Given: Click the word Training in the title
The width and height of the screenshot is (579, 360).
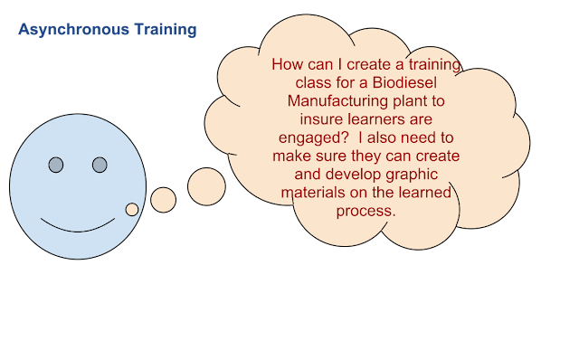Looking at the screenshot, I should point(160,30).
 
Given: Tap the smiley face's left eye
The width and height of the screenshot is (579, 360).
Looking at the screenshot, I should point(55,165).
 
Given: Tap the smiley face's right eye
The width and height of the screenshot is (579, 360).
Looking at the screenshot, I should point(100,165).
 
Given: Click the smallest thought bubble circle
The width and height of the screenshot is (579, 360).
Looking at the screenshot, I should point(132,209).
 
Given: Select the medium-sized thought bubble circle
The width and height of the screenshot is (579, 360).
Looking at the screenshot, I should point(163,200).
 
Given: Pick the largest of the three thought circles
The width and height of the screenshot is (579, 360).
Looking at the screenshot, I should point(206,185).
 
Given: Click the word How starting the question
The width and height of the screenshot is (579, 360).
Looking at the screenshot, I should point(288,66).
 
